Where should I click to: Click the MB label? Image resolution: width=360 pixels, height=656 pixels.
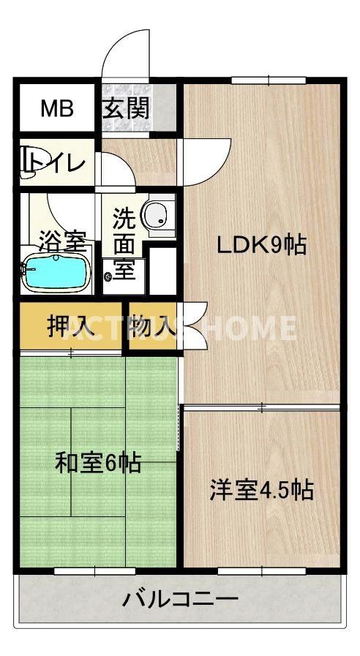[x=56, y=109]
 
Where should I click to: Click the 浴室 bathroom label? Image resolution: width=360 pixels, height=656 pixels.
[x=62, y=238]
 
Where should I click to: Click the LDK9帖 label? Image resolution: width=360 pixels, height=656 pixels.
[x=260, y=246]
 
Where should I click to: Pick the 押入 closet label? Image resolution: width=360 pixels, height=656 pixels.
[x=70, y=326]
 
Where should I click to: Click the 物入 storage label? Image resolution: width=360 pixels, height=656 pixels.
[x=153, y=326]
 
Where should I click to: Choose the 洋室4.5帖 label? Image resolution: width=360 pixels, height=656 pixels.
[x=261, y=489]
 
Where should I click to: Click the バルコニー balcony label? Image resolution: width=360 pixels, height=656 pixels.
[x=180, y=601]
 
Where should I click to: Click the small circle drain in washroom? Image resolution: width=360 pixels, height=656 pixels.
[x=109, y=276]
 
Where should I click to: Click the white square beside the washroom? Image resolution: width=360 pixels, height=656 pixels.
[x=163, y=271]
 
